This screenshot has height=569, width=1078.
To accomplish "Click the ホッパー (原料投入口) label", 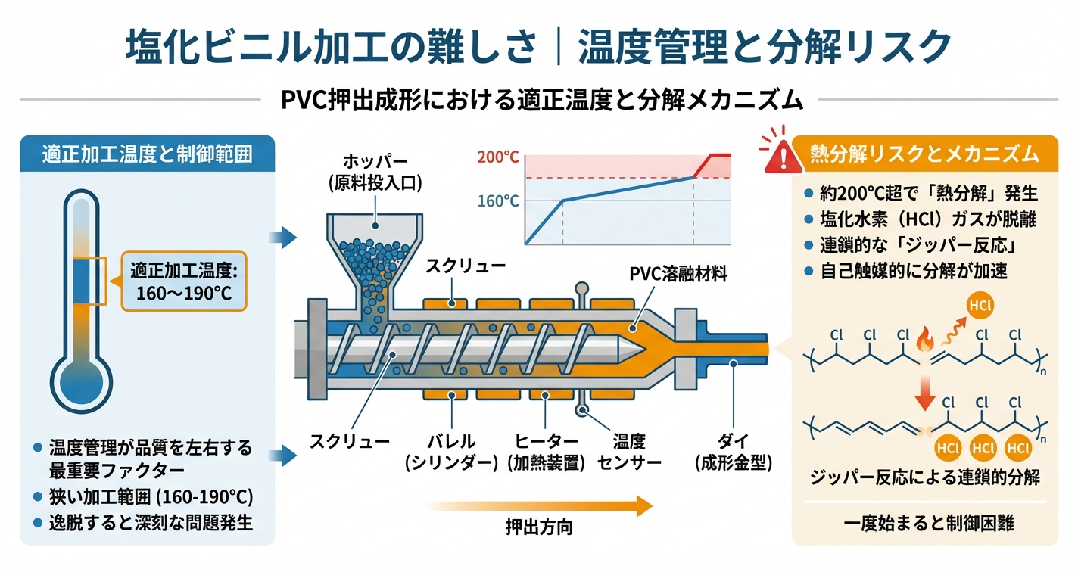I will (374, 172).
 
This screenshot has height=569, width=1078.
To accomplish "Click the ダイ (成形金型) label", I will (732, 451).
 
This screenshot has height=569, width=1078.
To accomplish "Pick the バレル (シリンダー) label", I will (452, 451).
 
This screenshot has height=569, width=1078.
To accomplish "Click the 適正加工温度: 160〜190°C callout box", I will (184, 281).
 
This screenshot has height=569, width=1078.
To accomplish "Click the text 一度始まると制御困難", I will (924, 522).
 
